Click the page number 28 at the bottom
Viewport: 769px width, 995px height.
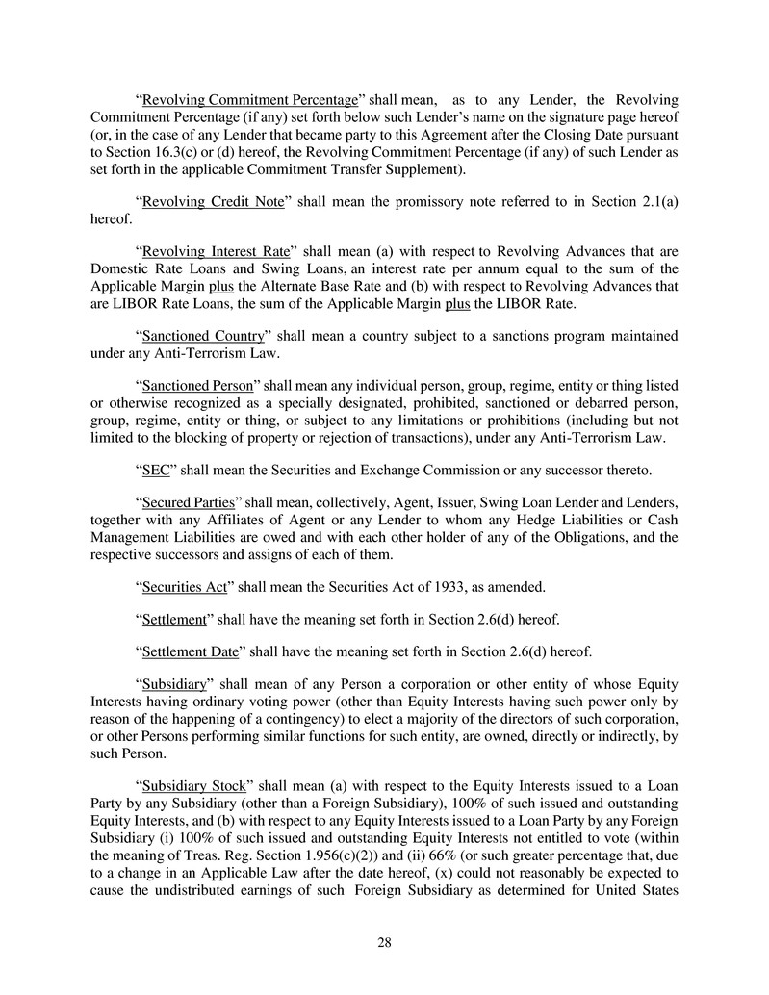tap(384, 942)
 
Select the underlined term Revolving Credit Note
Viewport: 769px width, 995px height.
tap(202, 201)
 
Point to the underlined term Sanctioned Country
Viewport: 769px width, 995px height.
tap(202, 336)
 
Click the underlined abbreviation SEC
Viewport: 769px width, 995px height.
tap(157, 471)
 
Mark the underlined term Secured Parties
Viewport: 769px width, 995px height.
tap(189, 503)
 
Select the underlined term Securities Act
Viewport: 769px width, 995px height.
tap(185, 588)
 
